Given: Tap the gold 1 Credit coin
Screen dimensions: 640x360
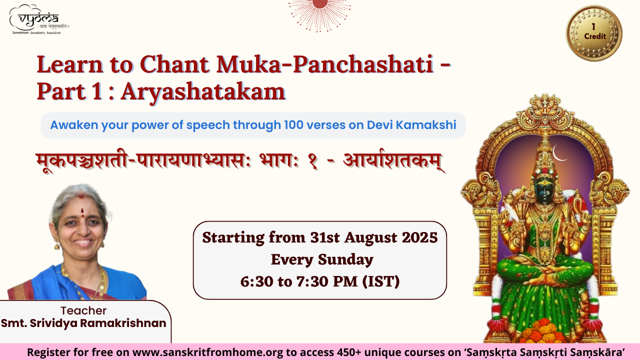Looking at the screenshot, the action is pyautogui.click(x=594, y=33).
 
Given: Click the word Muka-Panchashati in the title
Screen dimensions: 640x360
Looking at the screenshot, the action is pyautogui.click(x=325, y=64).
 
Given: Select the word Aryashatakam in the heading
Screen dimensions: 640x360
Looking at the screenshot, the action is pyautogui.click(x=203, y=92).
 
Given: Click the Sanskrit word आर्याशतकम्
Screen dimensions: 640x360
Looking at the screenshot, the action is pyautogui.click(x=393, y=161).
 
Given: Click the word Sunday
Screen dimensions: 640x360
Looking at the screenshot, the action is pyautogui.click(x=345, y=260).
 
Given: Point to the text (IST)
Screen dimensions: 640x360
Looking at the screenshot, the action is pyautogui.click(x=381, y=281).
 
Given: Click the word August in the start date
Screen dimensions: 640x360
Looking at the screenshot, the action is pyautogui.click(x=370, y=238).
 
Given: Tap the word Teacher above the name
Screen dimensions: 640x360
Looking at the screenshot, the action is pyautogui.click(x=83, y=310).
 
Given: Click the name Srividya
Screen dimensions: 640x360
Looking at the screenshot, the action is pyautogui.click(x=53, y=323).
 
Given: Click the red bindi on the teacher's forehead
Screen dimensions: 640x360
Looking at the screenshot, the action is pyautogui.click(x=82, y=212).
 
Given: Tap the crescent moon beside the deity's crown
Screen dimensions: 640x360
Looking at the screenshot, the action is pyautogui.click(x=558, y=153).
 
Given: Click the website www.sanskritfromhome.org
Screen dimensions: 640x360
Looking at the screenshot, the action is pyautogui.click(x=207, y=352).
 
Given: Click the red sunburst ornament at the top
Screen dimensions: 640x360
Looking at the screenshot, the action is pyautogui.click(x=319, y=13).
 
